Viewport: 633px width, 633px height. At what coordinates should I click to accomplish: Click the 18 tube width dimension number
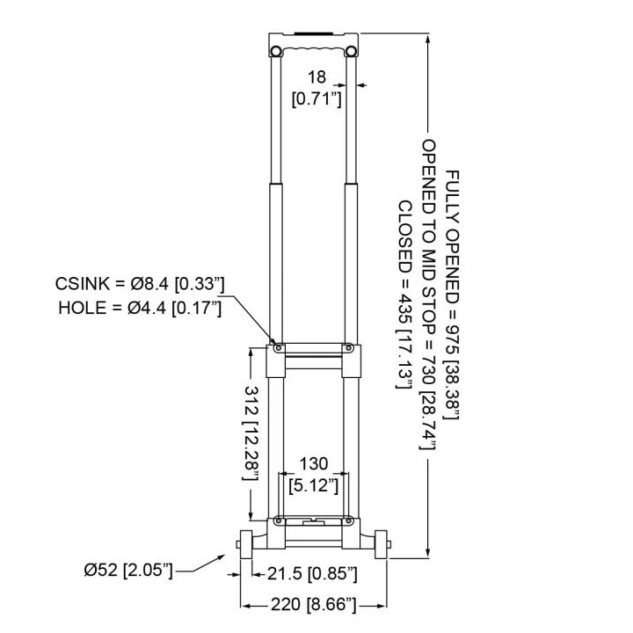coord(316,77)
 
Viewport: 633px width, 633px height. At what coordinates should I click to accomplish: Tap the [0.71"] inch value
coord(316,98)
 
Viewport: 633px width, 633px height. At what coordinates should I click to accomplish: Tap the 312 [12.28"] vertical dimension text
coord(251,433)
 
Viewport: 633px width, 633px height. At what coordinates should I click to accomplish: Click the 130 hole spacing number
coord(314,464)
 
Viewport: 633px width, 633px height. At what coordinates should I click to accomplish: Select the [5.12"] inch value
coord(314,485)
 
